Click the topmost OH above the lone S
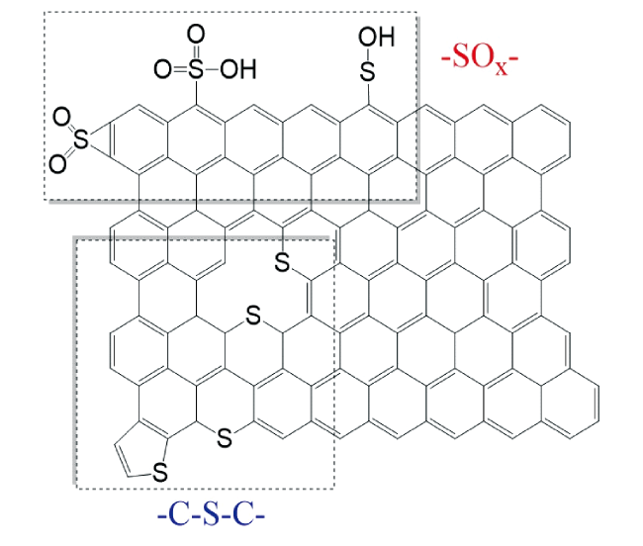point(380,39)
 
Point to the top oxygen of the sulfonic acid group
point(196,36)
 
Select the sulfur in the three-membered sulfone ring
point(81,142)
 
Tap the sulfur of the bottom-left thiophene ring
point(158,478)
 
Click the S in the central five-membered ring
point(281,262)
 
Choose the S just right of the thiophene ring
point(225,433)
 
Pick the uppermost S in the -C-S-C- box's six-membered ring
point(252,318)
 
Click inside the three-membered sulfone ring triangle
point(103,142)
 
